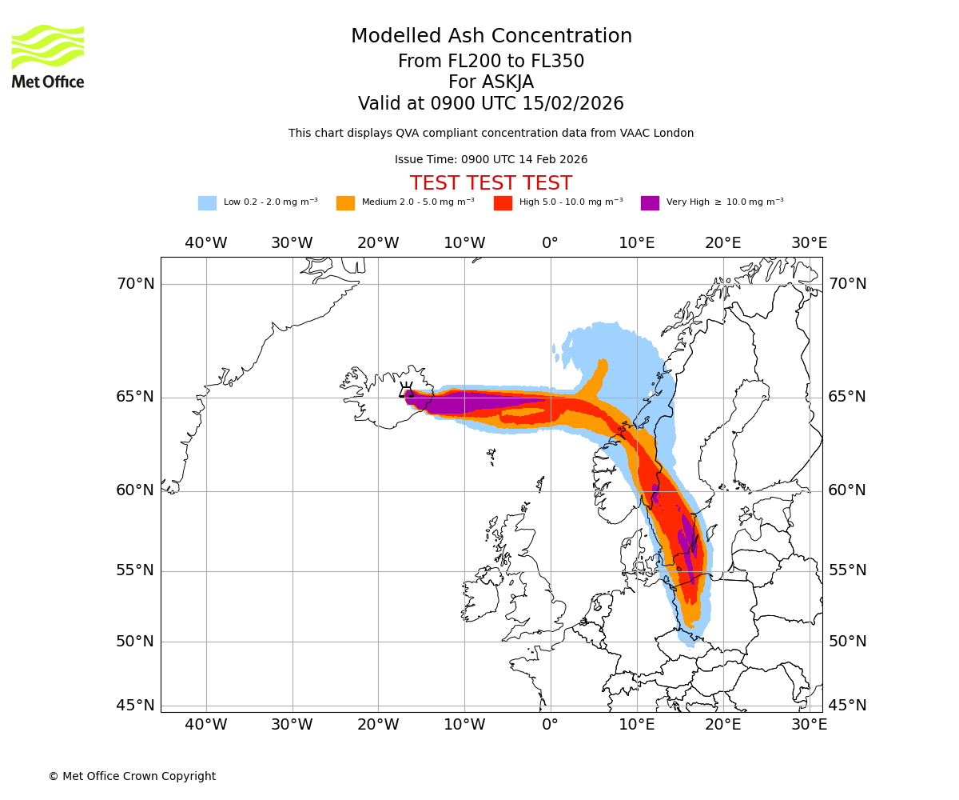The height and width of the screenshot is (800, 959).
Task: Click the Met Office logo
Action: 48,56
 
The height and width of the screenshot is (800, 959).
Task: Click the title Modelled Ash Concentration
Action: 491,37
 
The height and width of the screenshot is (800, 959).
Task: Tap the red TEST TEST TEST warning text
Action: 491,183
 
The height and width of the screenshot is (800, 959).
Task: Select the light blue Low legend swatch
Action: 207,203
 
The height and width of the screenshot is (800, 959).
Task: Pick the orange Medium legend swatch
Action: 345,203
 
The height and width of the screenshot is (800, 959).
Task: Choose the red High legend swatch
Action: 503,203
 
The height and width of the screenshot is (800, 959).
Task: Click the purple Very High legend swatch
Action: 650,203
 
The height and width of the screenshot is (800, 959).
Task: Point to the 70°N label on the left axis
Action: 135,284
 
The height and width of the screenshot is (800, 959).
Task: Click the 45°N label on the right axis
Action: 847,706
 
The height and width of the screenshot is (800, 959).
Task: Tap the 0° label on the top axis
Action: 550,242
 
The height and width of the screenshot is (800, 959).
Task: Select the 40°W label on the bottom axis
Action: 206,725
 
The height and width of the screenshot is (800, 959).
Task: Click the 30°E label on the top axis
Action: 809,242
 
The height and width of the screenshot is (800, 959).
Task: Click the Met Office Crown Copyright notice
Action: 132,776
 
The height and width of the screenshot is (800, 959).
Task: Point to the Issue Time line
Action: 491,159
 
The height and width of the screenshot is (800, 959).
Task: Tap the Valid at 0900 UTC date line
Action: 491,104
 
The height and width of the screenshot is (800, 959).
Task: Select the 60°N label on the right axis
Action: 847,490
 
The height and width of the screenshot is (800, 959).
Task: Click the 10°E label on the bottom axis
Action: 637,725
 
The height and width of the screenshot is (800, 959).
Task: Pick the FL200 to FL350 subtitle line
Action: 491,62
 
